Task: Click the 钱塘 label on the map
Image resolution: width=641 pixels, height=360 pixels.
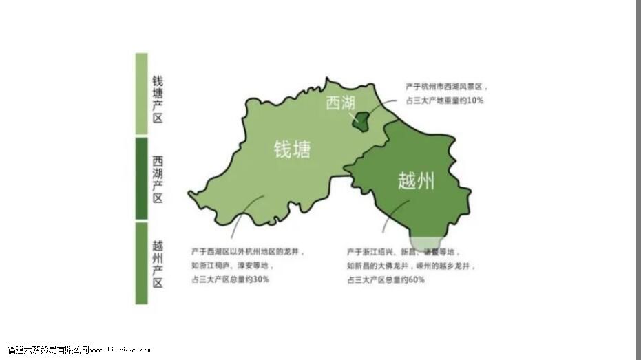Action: (x=292, y=149)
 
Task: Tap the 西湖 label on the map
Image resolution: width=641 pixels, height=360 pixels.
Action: (x=340, y=103)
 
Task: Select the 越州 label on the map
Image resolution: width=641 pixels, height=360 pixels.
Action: (x=416, y=181)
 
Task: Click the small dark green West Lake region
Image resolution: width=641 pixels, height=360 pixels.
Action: (x=361, y=123)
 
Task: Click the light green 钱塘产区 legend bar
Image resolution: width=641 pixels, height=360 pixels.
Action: (x=141, y=94)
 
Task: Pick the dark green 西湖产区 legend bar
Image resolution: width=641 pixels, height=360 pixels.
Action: (x=141, y=178)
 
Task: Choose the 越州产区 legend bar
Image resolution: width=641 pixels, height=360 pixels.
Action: (x=141, y=262)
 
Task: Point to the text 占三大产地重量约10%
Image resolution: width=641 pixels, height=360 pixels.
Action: (x=444, y=100)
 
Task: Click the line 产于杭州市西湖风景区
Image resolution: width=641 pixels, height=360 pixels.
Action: (x=447, y=87)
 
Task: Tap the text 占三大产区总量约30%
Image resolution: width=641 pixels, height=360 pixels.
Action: (x=231, y=279)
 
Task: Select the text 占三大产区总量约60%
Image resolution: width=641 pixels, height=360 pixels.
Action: (x=386, y=279)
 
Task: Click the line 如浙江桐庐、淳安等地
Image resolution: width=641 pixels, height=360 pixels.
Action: (x=233, y=266)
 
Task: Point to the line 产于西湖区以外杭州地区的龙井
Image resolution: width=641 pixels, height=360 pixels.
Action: (x=248, y=252)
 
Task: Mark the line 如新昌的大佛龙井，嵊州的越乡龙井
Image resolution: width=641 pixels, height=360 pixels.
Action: (x=411, y=266)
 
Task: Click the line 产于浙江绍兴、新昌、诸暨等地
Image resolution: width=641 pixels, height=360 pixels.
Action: (x=403, y=252)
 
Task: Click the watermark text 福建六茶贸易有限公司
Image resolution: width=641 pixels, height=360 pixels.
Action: (x=48, y=350)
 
